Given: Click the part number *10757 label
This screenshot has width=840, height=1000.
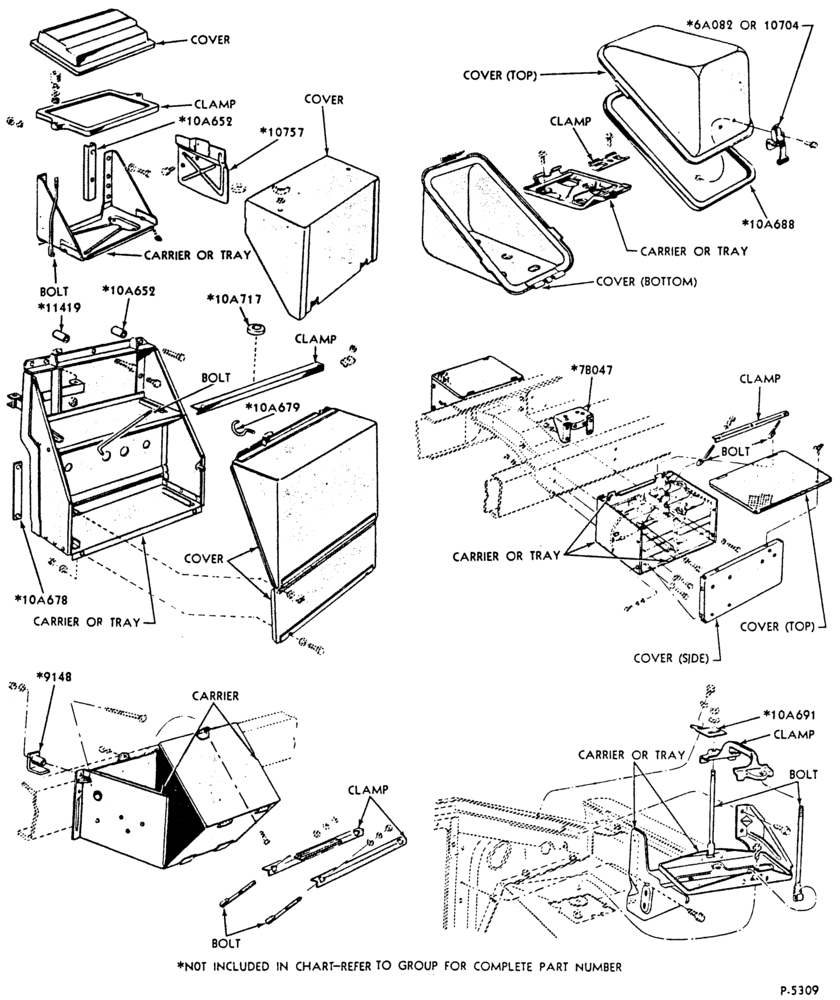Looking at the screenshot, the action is (x=283, y=133).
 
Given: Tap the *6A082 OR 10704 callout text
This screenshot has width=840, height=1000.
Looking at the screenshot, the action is (x=742, y=25).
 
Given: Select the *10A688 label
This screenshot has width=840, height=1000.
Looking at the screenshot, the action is (x=768, y=224).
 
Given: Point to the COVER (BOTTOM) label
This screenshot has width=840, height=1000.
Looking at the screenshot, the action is (x=646, y=281).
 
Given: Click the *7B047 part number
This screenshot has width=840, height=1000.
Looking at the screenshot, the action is (x=591, y=369).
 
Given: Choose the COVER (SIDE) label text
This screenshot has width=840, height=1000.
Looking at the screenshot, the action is (x=671, y=658).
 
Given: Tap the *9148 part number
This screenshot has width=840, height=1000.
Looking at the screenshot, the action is (x=54, y=677).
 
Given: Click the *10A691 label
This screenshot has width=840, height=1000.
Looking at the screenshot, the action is (x=788, y=715).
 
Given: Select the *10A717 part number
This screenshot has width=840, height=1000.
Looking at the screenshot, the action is (x=233, y=298).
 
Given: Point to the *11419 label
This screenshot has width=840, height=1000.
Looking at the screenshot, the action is (x=59, y=307).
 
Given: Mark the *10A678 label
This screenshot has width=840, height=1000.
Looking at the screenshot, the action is (x=41, y=599).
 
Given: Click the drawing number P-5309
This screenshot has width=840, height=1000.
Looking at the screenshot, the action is (x=799, y=989).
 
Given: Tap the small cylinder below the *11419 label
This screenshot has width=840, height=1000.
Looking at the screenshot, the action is (x=61, y=334).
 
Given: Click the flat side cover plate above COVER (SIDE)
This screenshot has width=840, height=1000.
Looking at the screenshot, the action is (x=741, y=581).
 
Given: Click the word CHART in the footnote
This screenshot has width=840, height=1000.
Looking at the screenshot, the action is (x=318, y=967).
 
